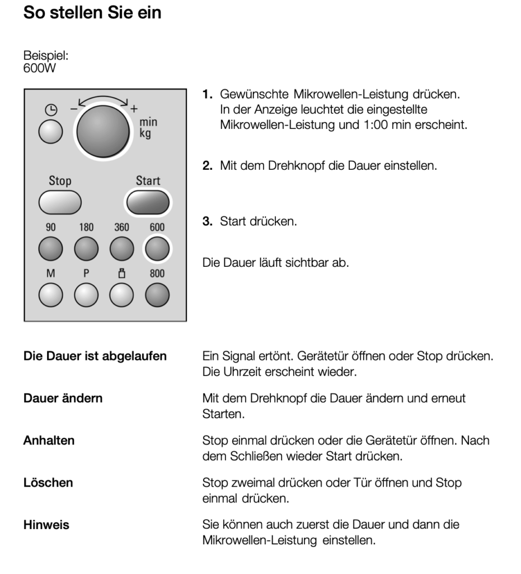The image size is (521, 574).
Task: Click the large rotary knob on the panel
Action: tap(102, 131)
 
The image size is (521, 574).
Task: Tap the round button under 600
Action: tap(157, 248)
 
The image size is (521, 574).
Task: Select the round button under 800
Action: tap(157, 295)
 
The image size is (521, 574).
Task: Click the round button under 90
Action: tap(50, 248)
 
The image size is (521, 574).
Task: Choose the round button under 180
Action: tap(86, 248)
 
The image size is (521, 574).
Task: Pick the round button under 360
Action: tap(121, 248)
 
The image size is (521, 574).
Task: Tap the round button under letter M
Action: tap(50, 295)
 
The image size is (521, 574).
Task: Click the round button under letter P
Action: tap(86, 295)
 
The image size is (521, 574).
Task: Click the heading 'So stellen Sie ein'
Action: tap(92, 12)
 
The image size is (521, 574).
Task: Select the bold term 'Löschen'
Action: tap(48, 482)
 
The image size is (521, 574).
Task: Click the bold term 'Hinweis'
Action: tap(46, 525)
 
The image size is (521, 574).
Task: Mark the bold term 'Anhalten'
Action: tap(49, 441)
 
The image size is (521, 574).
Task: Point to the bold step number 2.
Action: tap(207, 166)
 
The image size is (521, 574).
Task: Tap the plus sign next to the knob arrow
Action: tap(134, 109)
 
